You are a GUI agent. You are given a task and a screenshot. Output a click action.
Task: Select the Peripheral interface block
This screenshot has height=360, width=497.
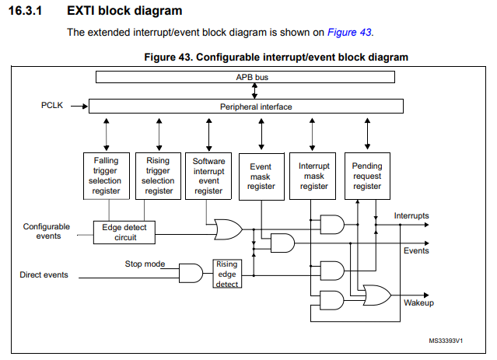point(246,106)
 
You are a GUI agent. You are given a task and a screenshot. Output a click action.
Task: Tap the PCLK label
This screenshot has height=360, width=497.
point(54,104)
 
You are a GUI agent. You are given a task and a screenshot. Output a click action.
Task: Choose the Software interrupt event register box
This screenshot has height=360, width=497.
point(208,176)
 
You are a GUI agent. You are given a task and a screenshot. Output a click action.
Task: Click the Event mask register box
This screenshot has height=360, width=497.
point(261,177)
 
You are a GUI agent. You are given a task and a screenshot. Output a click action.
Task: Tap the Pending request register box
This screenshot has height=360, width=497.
point(367,177)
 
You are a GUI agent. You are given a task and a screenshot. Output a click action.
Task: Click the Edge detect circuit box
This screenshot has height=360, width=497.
point(124,232)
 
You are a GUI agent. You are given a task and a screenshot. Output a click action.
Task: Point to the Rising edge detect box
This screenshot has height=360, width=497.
point(226,274)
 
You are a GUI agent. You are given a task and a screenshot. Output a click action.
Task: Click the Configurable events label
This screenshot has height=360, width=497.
point(46,231)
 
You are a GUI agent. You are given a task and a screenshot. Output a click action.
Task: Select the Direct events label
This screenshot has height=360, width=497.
point(44,274)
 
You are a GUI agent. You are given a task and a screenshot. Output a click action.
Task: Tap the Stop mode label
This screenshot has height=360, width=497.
point(145,264)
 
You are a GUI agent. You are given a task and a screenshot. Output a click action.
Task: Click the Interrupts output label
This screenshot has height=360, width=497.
point(411,215)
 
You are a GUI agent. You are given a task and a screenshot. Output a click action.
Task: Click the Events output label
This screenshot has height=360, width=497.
point(416,251)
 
